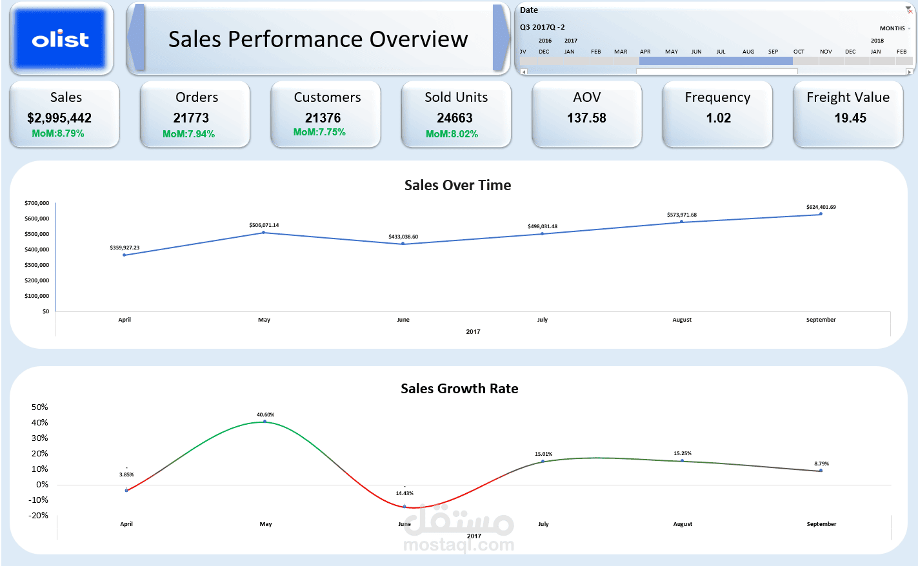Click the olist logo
click(61, 39)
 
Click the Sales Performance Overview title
click(318, 39)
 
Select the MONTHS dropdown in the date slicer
click(895, 28)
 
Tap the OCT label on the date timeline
click(799, 52)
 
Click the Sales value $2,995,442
click(59, 118)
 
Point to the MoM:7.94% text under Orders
click(188, 134)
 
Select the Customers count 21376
click(323, 118)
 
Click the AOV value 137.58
click(586, 118)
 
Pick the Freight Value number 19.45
click(850, 118)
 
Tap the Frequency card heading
click(717, 97)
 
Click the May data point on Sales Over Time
click(263, 233)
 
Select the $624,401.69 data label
click(821, 207)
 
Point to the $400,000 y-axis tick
click(37, 249)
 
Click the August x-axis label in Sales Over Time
click(682, 320)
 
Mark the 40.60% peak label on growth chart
click(266, 415)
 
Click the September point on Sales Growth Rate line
click(821, 471)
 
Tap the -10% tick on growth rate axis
click(38, 500)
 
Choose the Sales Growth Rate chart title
click(459, 388)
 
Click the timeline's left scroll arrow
click(523, 72)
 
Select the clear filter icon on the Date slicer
click(908, 10)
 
